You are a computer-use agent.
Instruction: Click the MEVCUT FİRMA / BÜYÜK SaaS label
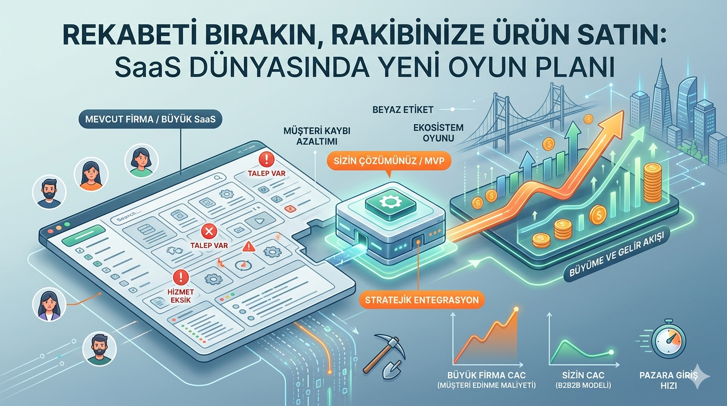tap(150, 119)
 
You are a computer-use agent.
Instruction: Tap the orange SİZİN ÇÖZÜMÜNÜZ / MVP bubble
tap(389, 161)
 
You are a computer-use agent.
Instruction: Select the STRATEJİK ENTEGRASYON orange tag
tap(422, 299)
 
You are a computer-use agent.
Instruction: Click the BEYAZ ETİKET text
tap(403, 110)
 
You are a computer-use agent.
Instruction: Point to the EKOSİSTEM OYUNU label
tap(438, 133)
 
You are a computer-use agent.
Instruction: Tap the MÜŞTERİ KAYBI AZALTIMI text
tap(317, 136)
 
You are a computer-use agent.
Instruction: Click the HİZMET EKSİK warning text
tap(181, 296)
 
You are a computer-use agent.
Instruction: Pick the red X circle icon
tap(209, 232)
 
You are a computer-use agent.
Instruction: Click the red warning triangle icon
tap(249, 247)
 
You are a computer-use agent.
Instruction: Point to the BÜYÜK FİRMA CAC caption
tap(486, 375)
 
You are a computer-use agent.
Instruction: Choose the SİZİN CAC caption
tap(583, 375)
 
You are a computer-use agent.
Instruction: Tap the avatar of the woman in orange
tap(91, 174)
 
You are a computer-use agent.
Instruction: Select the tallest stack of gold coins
tap(653, 183)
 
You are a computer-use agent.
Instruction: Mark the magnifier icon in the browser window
tap(220, 177)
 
